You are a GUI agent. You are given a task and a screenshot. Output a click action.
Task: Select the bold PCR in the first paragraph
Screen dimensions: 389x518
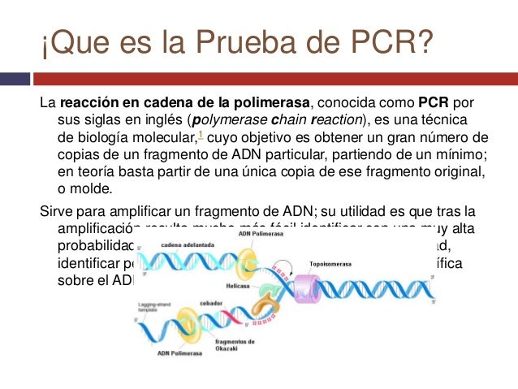tap(434, 104)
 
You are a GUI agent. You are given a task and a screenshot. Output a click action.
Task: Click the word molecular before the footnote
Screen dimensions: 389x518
tap(168, 136)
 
